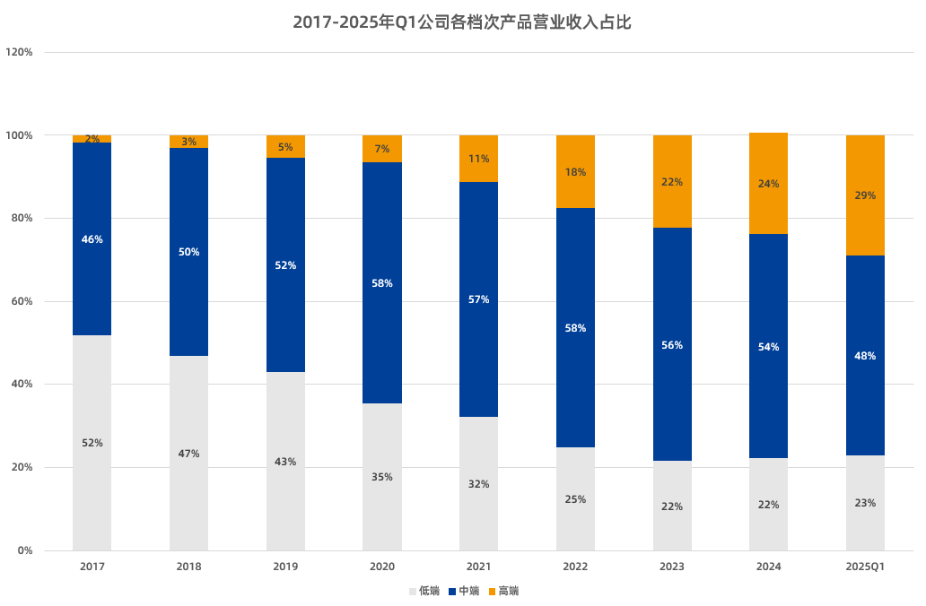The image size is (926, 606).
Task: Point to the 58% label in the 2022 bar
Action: pos(575,328)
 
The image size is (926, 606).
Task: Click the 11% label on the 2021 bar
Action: pos(478,159)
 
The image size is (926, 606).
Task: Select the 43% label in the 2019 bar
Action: pos(285,462)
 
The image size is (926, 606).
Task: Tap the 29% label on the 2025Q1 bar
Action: pos(865,195)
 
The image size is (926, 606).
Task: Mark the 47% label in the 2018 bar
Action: pos(188,454)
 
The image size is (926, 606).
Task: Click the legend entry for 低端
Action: pos(424,591)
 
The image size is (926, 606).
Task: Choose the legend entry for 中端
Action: pos(463,591)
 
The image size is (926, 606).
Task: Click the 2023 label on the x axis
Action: pos(672,567)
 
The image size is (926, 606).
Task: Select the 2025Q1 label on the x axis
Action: pos(865,567)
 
